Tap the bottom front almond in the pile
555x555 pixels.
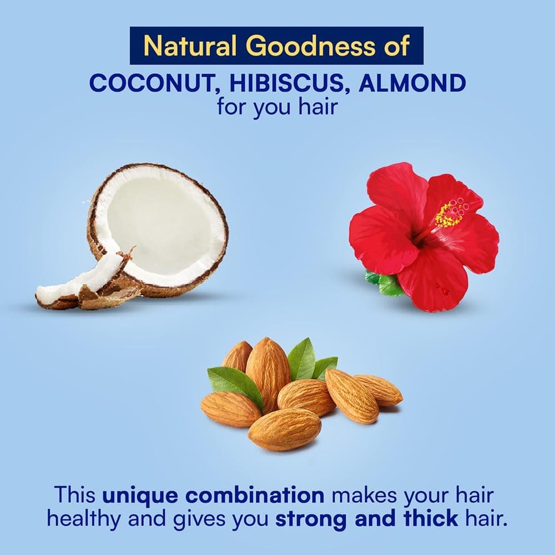coord(284,428)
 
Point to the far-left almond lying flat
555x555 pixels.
coord(230,409)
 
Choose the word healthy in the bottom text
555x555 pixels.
coord(84,519)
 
